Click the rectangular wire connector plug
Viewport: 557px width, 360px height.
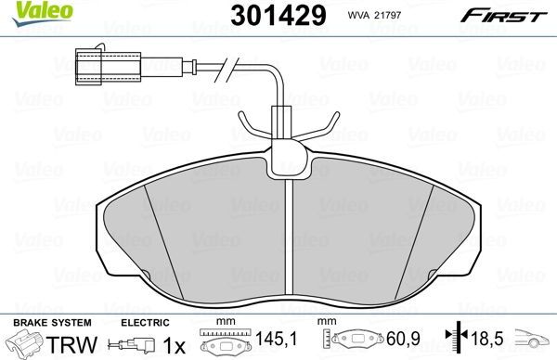[x=104, y=66]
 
